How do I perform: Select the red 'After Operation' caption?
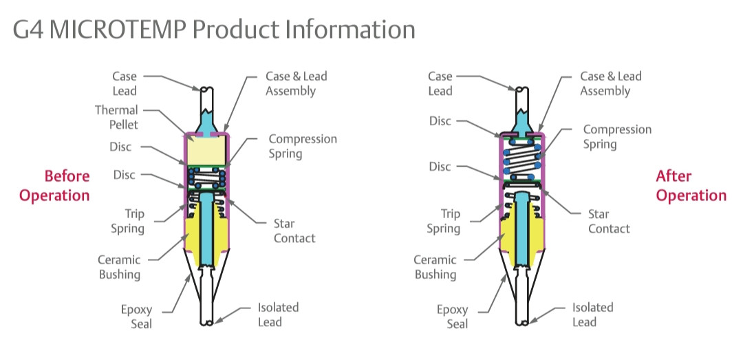point(691,186)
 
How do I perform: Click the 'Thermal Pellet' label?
point(116,117)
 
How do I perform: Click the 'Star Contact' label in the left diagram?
point(294,231)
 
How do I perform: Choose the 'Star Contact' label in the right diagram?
point(609,221)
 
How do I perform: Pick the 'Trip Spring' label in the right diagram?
point(443,221)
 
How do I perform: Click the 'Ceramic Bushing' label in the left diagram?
point(119,267)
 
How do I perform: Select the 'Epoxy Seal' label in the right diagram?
point(452,317)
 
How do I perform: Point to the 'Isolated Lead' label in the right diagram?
point(592,315)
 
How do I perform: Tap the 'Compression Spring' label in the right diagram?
point(617,137)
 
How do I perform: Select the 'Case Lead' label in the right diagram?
point(440,83)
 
